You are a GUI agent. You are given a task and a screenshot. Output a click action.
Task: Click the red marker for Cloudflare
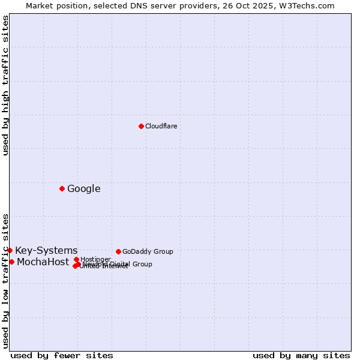click(x=141, y=126)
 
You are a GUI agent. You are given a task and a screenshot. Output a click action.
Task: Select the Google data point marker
click(x=62, y=188)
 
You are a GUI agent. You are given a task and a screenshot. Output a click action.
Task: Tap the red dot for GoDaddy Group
click(x=118, y=251)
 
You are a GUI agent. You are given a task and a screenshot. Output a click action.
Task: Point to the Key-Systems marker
click(x=10, y=250)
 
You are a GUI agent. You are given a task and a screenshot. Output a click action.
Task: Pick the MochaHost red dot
click(x=11, y=262)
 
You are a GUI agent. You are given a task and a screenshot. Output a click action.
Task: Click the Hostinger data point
click(x=76, y=259)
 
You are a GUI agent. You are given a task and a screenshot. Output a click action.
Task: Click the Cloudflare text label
click(x=161, y=126)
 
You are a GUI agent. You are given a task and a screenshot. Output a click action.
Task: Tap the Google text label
click(x=83, y=189)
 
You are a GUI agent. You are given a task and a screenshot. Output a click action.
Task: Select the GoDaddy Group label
click(x=148, y=251)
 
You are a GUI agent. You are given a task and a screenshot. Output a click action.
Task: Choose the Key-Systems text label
click(x=46, y=251)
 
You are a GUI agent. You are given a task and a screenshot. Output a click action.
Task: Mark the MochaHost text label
click(x=43, y=262)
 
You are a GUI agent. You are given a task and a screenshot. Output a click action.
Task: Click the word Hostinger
click(x=95, y=259)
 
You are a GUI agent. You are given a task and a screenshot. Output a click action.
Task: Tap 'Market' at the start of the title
click(x=40, y=5)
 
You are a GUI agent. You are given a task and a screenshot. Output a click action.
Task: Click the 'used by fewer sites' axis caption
click(x=62, y=355)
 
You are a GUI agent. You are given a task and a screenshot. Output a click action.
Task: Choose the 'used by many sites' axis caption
click(x=301, y=355)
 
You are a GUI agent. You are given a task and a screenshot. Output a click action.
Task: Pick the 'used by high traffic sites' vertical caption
click(x=5, y=85)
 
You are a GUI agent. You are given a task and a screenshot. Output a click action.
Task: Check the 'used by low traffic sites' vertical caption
click(x=5, y=280)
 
